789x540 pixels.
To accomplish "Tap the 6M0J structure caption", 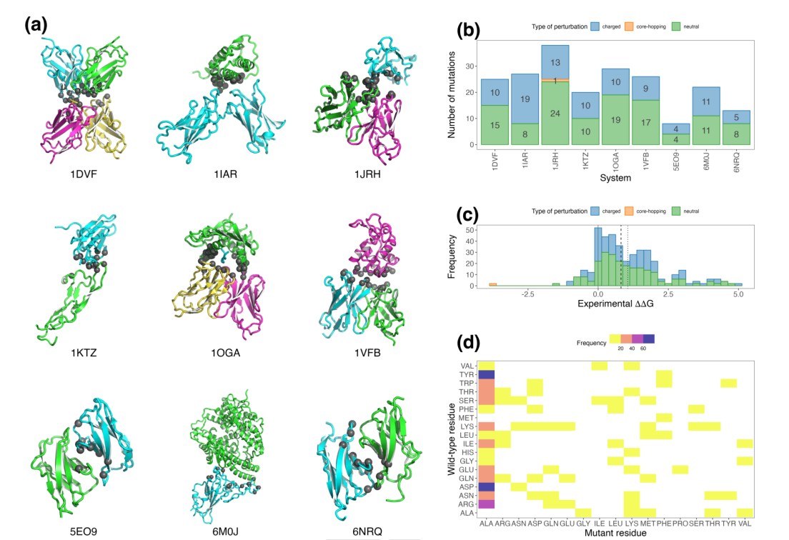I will click(219, 531).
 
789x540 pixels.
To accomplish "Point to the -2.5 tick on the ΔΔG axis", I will click(527, 293).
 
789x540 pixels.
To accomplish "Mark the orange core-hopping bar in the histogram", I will click(492, 284).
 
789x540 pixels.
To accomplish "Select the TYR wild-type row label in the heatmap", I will click(467, 374).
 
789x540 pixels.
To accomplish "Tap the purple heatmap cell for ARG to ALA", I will click(487, 504).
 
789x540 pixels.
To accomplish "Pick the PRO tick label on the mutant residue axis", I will click(678, 523).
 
